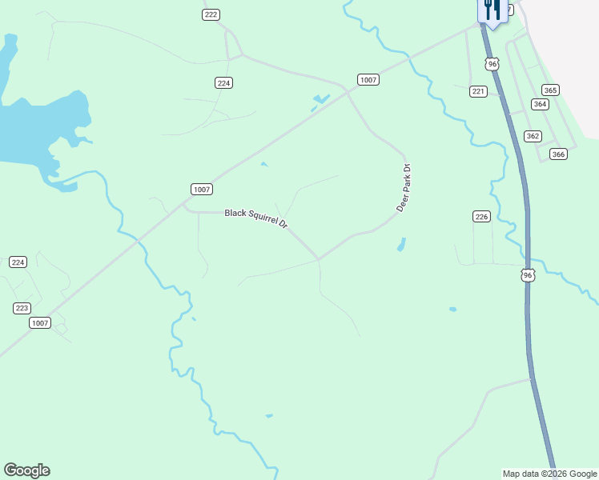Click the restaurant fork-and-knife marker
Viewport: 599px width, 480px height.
point(491,10)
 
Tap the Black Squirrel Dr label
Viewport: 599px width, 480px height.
point(256,218)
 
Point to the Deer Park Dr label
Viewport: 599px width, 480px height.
point(404,188)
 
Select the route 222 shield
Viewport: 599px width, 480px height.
point(211,14)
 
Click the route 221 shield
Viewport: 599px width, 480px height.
point(478,92)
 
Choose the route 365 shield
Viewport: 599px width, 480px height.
point(550,90)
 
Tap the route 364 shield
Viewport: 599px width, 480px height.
point(540,105)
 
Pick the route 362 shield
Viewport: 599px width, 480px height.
point(533,136)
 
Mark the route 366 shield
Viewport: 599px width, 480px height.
point(558,154)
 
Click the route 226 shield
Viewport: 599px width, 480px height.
point(481,217)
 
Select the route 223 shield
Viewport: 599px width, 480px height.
point(22,308)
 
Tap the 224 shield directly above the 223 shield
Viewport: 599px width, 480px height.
point(18,262)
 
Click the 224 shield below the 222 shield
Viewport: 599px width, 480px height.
point(224,83)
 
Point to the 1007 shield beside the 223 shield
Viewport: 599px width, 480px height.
point(39,323)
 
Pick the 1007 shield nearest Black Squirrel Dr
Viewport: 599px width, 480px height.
point(202,189)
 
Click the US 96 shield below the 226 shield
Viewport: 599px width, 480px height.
point(527,275)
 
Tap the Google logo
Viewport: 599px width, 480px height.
point(26,470)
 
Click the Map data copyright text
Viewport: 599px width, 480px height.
point(549,474)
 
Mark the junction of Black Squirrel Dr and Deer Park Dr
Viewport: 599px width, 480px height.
point(319,259)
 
